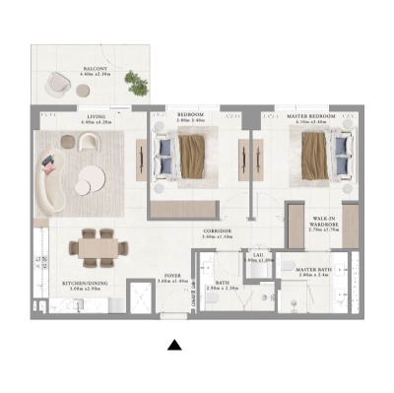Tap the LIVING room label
[x=96, y=116]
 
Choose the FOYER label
[x=171, y=277]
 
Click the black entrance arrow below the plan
[x=174, y=345]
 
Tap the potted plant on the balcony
[x=137, y=86]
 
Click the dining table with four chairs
[x=98, y=248]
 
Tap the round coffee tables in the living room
[x=91, y=180]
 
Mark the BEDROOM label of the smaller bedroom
[x=190, y=116]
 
